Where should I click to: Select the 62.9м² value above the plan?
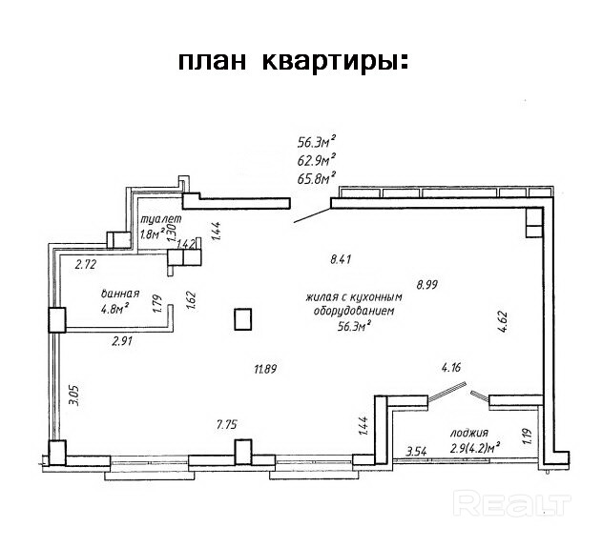(317, 160)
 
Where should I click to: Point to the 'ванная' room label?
(121, 294)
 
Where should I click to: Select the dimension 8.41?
(341, 258)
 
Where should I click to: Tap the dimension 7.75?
(226, 426)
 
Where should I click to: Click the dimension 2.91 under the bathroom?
(121, 340)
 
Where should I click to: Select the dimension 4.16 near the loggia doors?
(451, 367)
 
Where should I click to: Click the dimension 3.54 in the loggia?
(416, 452)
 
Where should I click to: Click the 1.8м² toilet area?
(151, 233)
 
